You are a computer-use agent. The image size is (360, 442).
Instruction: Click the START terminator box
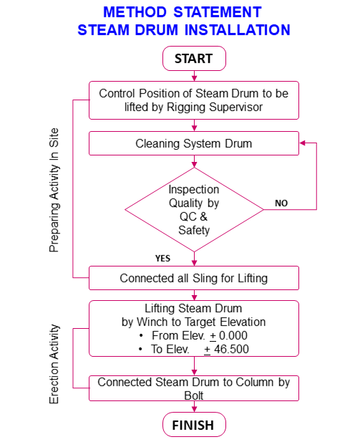[194, 59]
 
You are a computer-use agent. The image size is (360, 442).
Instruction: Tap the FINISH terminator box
[194, 425]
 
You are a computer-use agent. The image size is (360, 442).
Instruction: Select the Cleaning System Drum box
[194, 143]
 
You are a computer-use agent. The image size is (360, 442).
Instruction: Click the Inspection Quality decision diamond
[194, 210]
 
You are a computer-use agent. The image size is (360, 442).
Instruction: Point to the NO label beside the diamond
[281, 203]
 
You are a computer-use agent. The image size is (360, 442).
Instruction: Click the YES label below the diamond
[162, 258]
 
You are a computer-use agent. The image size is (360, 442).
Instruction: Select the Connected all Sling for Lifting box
[194, 278]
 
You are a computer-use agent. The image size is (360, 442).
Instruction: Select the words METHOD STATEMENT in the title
[182, 12]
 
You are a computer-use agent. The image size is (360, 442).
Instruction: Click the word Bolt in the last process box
[194, 395]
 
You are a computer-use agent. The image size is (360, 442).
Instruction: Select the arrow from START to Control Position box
[194, 76]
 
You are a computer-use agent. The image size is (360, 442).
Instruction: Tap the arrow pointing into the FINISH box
[194, 407]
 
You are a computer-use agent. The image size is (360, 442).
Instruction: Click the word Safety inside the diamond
[194, 230]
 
